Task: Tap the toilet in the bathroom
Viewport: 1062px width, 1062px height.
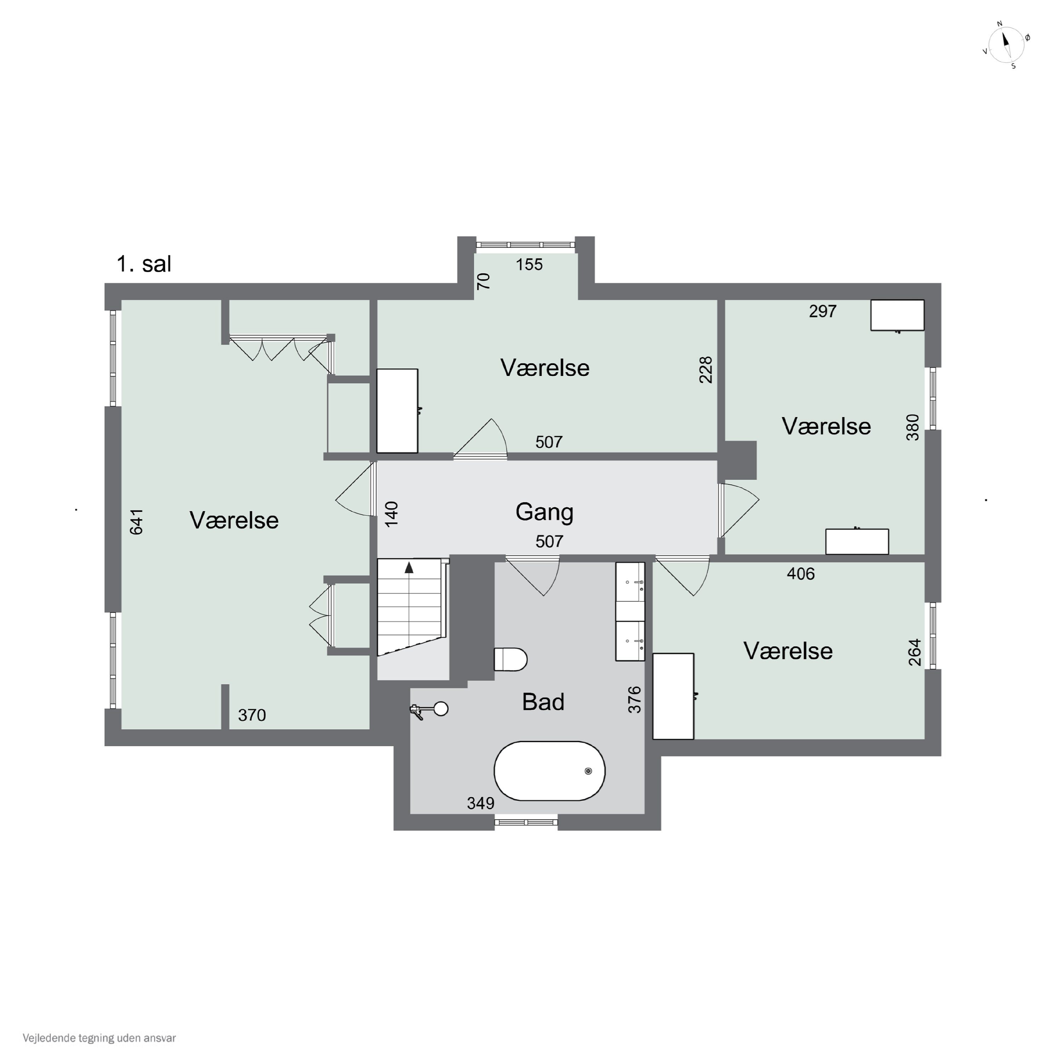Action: pyautogui.click(x=511, y=659)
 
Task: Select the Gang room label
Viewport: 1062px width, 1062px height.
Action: pyautogui.click(x=544, y=512)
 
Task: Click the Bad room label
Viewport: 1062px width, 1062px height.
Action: pyautogui.click(x=543, y=702)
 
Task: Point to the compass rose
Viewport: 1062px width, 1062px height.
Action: pyautogui.click(x=1006, y=45)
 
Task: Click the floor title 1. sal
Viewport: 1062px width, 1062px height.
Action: pyautogui.click(x=144, y=264)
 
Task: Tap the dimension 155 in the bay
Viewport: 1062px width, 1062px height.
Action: pyautogui.click(x=529, y=264)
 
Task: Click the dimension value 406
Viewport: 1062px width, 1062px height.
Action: pyautogui.click(x=800, y=574)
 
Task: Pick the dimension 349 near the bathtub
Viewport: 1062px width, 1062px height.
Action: pyautogui.click(x=480, y=804)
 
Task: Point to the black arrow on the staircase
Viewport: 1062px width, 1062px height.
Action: pyautogui.click(x=409, y=568)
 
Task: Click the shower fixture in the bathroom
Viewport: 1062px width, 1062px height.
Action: pyautogui.click(x=429, y=710)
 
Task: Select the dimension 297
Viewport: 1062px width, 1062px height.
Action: pyautogui.click(x=822, y=312)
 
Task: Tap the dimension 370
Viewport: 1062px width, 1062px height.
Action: pyautogui.click(x=252, y=715)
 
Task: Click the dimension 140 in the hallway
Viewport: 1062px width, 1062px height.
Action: pyautogui.click(x=392, y=514)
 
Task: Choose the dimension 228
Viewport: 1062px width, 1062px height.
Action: pyautogui.click(x=706, y=370)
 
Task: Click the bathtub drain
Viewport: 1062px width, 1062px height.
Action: pyautogui.click(x=588, y=771)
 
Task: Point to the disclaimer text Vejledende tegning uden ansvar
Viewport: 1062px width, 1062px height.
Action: pyautogui.click(x=99, y=1038)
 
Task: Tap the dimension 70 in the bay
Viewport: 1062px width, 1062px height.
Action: pyautogui.click(x=483, y=281)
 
